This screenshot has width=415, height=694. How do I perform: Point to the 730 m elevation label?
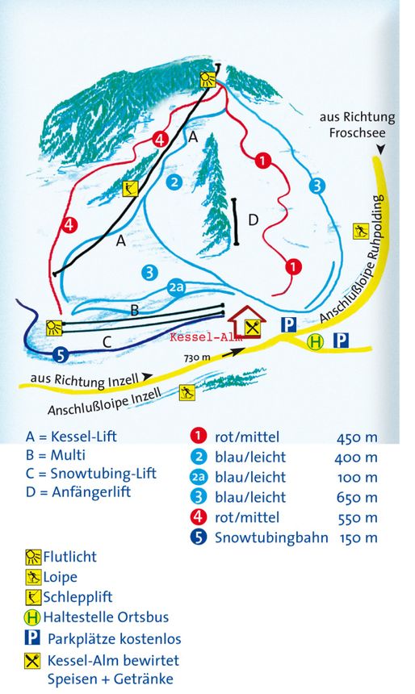click(197, 357)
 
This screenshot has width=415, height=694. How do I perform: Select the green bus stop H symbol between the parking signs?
click(315, 341)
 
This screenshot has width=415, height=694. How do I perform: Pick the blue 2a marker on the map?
click(177, 287)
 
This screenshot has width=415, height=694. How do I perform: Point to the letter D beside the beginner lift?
click(254, 219)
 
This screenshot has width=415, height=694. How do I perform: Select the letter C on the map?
click(106, 341)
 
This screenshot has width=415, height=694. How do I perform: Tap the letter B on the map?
click(135, 308)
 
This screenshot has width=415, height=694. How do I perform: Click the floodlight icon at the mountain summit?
click(208, 78)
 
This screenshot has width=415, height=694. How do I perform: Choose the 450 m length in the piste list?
click(356, 437)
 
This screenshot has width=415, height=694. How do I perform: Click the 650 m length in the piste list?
click(356, 498)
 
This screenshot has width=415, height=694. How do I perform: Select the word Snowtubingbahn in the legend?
click(271, 537)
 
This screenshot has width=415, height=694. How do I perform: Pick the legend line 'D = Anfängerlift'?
click(78, 491)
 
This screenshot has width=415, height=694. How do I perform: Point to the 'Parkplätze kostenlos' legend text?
click(114, 638)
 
